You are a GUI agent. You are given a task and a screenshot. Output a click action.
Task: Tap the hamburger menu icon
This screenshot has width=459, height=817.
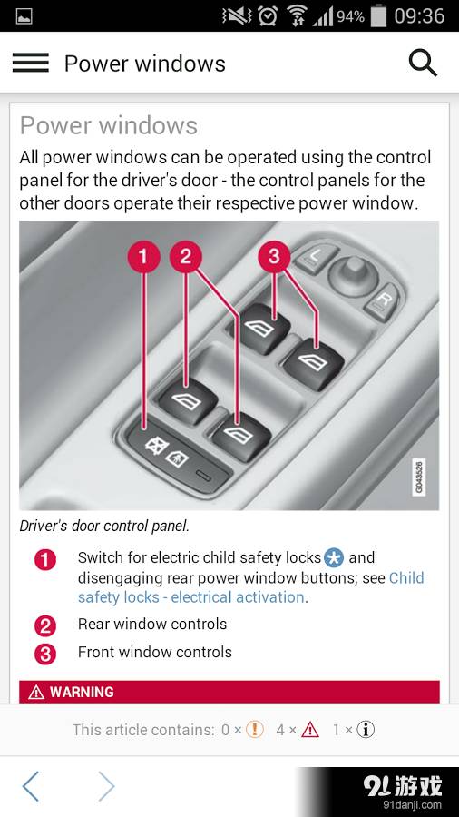click(x=31, y=63)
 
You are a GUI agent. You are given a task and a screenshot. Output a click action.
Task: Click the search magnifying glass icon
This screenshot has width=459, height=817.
click(x=423, y=63)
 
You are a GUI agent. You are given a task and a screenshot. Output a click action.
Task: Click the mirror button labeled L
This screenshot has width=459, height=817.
click(x=315, y=257)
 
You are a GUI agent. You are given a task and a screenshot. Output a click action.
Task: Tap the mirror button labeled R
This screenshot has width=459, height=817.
click(x=383, y=301)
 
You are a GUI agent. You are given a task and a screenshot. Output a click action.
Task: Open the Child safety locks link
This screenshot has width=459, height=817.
click(x=251, y=587)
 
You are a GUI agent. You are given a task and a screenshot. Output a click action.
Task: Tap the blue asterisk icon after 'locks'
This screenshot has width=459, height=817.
click(x=333, y=558)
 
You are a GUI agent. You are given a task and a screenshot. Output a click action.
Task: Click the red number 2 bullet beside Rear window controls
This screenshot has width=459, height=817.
click(x=44, y=625)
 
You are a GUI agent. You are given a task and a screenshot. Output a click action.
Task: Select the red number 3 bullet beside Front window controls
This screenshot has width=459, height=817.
click(x=44, y=654)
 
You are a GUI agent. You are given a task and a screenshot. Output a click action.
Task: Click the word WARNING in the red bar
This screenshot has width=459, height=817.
click(x=82, y=692)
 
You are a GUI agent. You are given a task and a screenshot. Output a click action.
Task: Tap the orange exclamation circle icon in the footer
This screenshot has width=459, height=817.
click(x=255, y=730)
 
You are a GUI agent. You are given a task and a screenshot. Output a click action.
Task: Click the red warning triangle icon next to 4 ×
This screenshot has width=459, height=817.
click(x=310, y=730)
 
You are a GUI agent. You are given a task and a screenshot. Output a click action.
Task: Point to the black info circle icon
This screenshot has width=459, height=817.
click(x=366, y=730)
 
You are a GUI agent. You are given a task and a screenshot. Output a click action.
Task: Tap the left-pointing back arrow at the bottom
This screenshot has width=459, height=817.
click(x=31, y=786)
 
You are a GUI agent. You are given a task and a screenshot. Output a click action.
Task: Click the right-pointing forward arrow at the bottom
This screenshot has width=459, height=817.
click(x=107, y=786)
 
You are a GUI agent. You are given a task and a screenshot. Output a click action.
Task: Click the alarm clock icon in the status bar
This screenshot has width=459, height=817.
click(x=268, y=16)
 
